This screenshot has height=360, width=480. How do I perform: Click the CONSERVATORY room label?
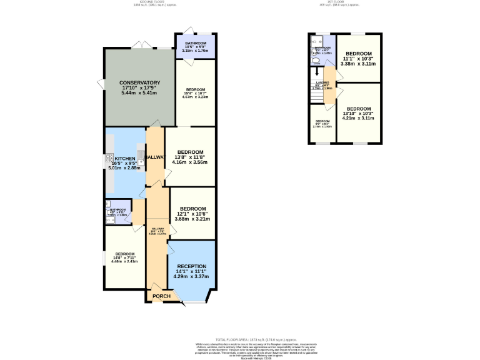(140, 82)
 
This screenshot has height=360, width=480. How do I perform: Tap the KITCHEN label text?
(124, 159)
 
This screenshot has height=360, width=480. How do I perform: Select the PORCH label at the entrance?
(162, 296)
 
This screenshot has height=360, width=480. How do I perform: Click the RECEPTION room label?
(192, 266)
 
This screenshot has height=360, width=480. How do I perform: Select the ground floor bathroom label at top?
(195, 43)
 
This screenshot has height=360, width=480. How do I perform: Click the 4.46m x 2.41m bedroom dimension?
(124, 261)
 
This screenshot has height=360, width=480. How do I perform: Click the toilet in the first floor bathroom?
(316, 61)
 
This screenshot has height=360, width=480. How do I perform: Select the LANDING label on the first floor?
(322, 82)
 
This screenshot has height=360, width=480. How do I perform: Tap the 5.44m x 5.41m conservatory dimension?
(140, 93)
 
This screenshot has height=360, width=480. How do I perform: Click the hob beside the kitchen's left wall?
(109, 161)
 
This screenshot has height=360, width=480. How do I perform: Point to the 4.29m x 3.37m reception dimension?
(192, 276)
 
